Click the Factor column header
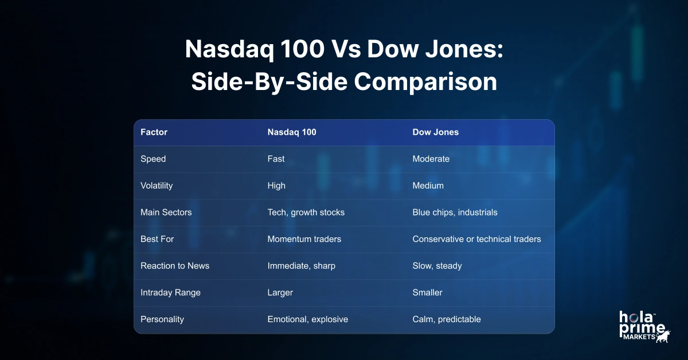point(154,132)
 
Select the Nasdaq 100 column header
point(292,132)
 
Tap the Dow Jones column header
point(436,132)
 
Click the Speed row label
point(153,159)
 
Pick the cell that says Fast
point(276,159)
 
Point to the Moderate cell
point(431,159)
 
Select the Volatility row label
point(157,186)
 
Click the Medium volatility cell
point(428,186)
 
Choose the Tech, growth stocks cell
point(306,212)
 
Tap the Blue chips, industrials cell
point(455,212)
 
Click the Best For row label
point(157,239)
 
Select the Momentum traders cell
point(304,239)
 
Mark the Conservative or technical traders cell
point(476,239)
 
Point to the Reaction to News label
point(175,266)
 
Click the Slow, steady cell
point(437,266)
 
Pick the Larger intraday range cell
point(280,292)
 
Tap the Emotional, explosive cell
point(307,319)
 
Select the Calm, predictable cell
point(447,319)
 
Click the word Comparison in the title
point(425,82)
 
